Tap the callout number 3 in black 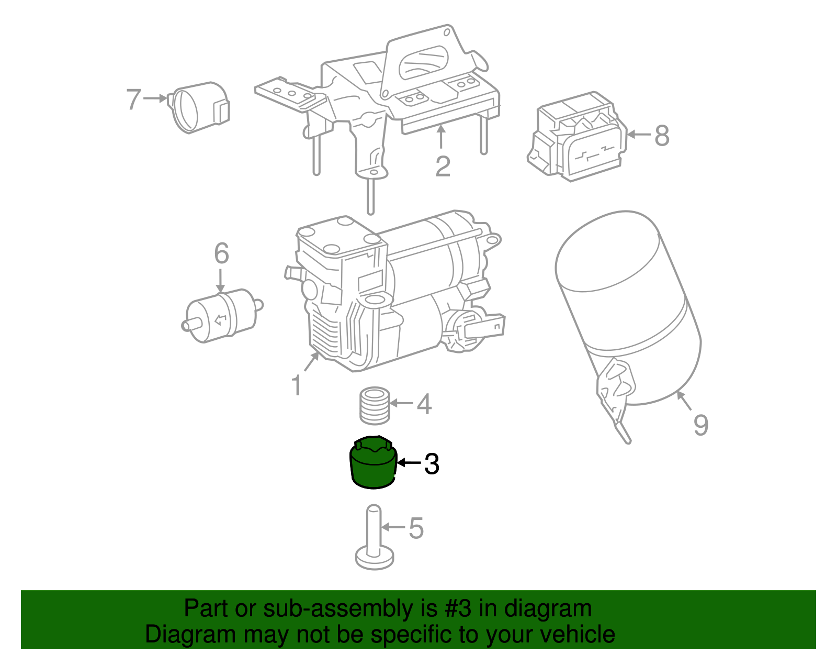(432, 464)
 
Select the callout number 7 (134, 98)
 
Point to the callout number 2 (443, 167)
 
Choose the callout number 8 (662, 136)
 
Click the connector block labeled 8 (578, 137)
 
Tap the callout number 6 (221, 253)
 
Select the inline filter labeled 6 (222, 315)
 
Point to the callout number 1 (297, 386)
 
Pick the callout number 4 (424, 404)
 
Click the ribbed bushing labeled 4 (375, 405)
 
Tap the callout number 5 (416, 528)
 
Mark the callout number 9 (700, 425)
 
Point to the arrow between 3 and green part (409, 463)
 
